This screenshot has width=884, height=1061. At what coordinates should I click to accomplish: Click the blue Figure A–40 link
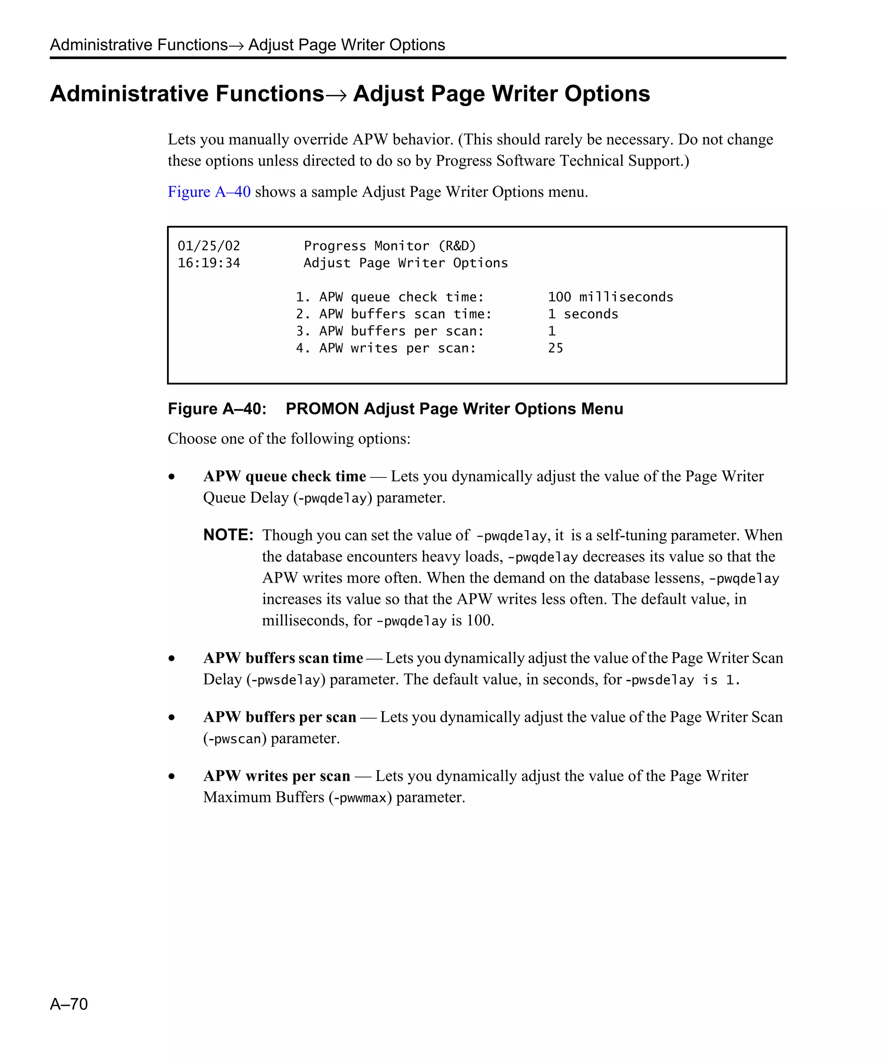208,192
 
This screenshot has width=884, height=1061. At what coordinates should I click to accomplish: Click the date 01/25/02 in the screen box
208,246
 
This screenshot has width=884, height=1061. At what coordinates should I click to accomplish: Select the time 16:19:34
208,263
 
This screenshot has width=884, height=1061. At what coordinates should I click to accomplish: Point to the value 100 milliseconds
610,297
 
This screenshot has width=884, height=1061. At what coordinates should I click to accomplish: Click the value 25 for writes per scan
555,348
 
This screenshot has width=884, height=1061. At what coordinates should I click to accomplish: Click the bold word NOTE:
228,535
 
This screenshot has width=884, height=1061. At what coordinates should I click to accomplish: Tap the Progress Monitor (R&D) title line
389,246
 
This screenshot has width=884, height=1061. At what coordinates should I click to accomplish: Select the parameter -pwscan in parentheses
234,739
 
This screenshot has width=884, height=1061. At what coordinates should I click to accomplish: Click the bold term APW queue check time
284,477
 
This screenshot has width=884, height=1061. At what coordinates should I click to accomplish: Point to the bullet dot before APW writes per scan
172,776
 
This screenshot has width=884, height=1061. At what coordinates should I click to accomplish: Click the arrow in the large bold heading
338,95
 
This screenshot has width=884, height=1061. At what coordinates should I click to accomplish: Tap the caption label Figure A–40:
217,409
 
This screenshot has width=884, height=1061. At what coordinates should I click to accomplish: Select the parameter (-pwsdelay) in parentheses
285,680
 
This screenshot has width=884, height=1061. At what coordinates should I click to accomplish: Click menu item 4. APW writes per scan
385,348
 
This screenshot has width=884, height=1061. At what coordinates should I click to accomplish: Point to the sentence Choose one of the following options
289,439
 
